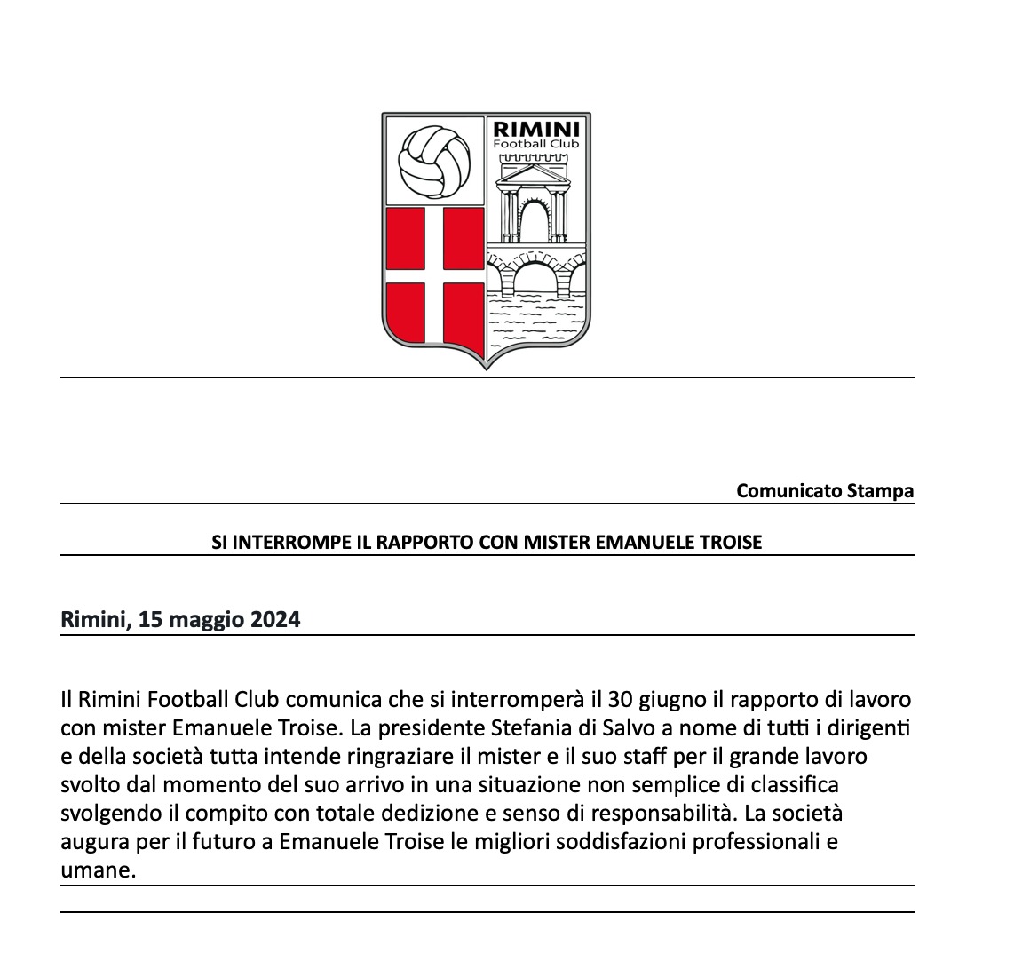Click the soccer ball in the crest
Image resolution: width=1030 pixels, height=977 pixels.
(x=432, y=160)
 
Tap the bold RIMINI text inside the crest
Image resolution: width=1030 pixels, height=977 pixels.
(x=538, y=129)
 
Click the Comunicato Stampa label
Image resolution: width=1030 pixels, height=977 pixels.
(x=825, y=491)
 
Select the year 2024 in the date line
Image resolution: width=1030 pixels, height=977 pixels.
(x=274, y=619)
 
